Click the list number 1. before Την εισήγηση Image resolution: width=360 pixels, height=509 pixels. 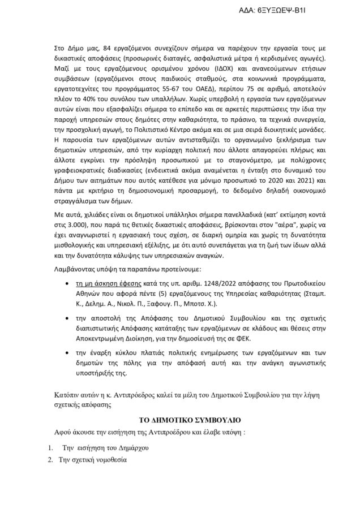pos(51,448)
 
